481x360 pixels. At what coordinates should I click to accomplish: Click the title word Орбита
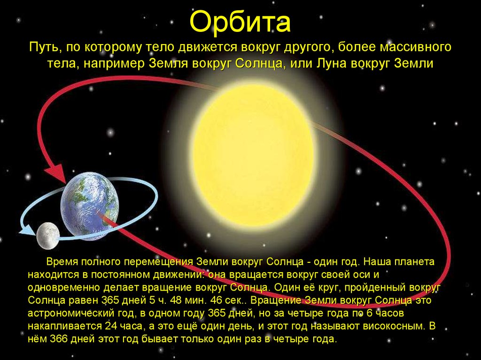pyautogui.click(x=240, y=22)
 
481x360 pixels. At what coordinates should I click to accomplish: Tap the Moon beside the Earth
pyautogui.click(x=48, y=236)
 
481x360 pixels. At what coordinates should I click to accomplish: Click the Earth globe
pyautogui.click(x=90, y=206)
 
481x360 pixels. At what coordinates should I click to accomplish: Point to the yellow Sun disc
pyautogui.click(x=253, y=155)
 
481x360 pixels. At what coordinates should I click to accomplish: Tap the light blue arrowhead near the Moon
pyautogui.click(x=28, y=230)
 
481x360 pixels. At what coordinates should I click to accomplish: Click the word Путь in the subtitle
pyautogui.click(x=46, y=47)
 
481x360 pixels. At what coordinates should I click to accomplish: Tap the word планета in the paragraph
pyautogui.click(x=414, y=262)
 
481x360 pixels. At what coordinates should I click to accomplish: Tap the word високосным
pyautogui.click(x=395, y=326)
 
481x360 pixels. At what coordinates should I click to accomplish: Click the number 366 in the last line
pyautogui.click(x=59, y=339)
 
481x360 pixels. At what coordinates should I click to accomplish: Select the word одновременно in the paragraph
pyautogui.click(x=64, y=288)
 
